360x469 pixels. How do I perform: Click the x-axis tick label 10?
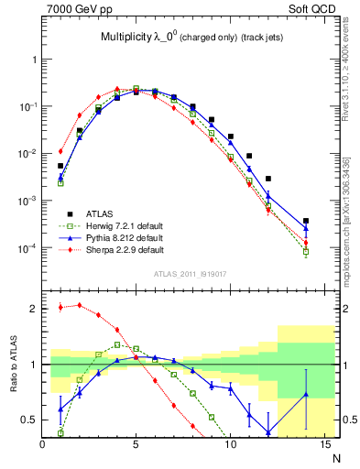point(230,443)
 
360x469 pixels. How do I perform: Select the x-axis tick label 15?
point(323,443)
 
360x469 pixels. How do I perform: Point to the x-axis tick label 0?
point(43,443)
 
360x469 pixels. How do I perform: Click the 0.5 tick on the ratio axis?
point(29,420)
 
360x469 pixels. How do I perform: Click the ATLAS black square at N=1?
point(60,166)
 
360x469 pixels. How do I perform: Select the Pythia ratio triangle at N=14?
point(306,395)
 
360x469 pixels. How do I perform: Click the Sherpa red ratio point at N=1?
point(60,307)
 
